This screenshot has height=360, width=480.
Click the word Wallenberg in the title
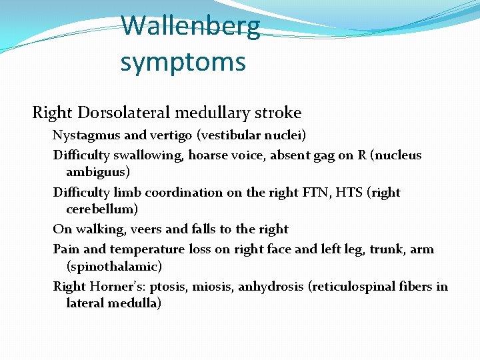click(x=191, y=26)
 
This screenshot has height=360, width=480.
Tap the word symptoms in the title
click(x=183, y=62)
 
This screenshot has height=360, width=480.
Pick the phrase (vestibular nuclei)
click(x=251, y=136)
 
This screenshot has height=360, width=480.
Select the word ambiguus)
click(x=98, y=172)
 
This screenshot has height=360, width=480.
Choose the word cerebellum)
click(x=102, y=209)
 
